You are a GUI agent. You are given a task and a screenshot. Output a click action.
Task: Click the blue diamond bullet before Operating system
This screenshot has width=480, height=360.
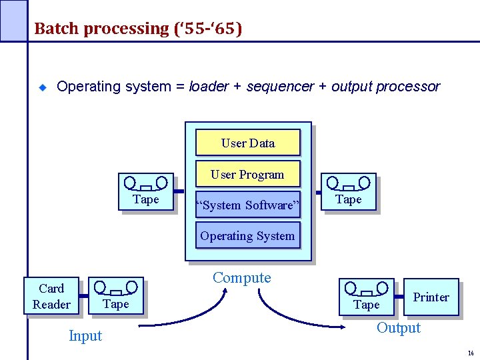pos(41,87)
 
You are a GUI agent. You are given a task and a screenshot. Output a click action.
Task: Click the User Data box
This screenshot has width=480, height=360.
pos(247,143)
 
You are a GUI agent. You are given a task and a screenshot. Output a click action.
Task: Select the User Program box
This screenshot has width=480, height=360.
pos(247,175)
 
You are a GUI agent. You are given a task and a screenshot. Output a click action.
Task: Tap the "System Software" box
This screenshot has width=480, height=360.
pos(247,205)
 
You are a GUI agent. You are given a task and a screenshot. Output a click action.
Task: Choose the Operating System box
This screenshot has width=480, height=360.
pos(247,235)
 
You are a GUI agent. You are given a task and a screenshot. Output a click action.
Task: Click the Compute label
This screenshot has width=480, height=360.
pos(241,278)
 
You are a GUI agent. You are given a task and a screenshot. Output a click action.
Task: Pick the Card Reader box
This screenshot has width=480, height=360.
pos(51,297)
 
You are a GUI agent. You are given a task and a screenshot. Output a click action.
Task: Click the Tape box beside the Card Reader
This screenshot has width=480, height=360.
pos(116,296)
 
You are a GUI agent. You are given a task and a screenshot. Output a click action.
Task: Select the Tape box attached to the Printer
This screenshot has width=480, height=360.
pos(366,297)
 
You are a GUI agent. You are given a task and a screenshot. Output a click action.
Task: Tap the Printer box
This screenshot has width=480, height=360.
pos(431,297)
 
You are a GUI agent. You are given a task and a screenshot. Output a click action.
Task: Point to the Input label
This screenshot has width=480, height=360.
pos(85,336)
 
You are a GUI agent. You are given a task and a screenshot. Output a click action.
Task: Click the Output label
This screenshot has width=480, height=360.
pos(399,328)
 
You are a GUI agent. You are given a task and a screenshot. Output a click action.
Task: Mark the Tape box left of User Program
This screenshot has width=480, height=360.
pos(146,192)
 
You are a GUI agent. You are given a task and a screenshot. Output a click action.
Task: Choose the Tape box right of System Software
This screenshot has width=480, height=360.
pos(348,192)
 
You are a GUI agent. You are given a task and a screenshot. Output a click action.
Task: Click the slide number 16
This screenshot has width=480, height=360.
pos(471,353)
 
